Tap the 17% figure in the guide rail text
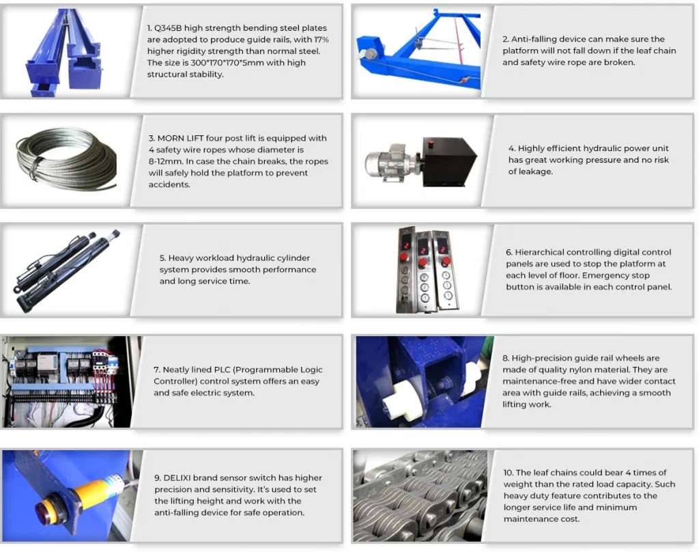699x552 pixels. pyautogui.click(x=322, y=40)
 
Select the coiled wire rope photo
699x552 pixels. pyautogui.click(x=66, y=158)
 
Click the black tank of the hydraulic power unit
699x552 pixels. pyautogui.click(x=448, y=161)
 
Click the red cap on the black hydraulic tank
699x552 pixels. pyautogui.click(x=431, y=143)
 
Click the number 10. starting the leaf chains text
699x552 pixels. pyautogui.click(x=508, y=473)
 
